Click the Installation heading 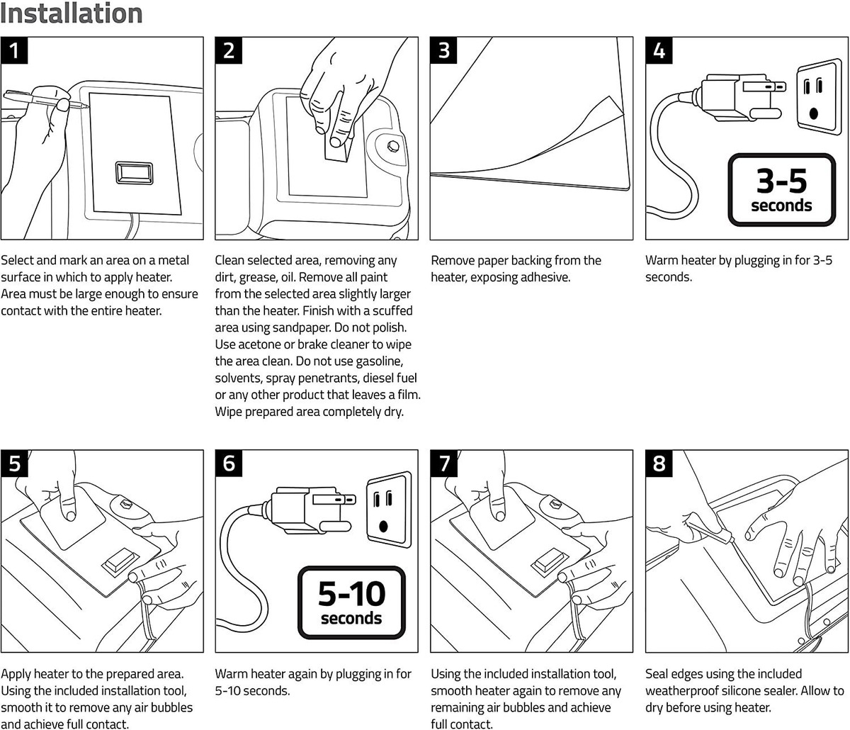pos(72,13)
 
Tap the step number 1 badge pos(14,50)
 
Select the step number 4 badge pos(659,50)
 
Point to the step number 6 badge pos(229,464)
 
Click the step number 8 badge pos(659,464)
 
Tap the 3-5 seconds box pos(781,189)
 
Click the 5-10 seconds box pos(351,602)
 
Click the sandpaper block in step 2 pos(339,147)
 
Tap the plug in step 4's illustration pos(737,96)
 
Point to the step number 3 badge pos(444,50)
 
